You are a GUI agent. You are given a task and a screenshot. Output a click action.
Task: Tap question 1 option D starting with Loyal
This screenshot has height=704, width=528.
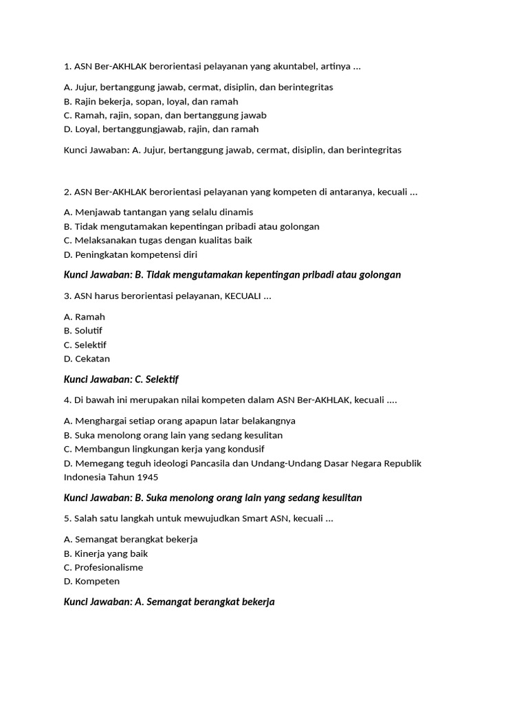coord(161,129)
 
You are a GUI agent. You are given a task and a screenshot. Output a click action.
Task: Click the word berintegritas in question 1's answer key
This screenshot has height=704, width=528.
coord(373,149)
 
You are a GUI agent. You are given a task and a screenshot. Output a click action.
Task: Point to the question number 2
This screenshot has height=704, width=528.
coord(67,192)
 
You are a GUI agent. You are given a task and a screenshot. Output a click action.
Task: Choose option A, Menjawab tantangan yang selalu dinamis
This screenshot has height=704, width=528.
coord(158,212)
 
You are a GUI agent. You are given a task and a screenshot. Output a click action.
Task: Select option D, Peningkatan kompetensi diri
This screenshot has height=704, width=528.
coord(131,254)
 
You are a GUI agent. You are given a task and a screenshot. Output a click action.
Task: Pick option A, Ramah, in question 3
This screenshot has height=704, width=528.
coord(85,317)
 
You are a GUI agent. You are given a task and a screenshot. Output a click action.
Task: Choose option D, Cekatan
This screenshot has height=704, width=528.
coord(87,359)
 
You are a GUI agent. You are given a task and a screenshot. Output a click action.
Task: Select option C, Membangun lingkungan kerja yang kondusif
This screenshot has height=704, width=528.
coord(164,449)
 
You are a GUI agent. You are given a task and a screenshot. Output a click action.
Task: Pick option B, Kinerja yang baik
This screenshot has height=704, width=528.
coord(106,553)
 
